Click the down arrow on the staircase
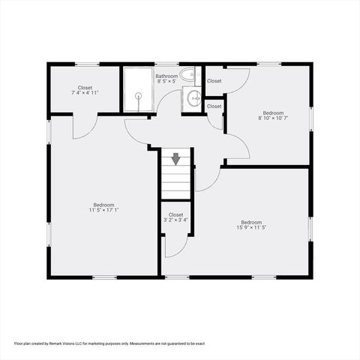175,158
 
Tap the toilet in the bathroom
189,73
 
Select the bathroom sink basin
193,97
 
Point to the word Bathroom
166,76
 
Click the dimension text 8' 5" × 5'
166,81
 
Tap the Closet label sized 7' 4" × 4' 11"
85,88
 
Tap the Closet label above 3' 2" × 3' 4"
175,215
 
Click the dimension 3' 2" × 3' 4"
175,220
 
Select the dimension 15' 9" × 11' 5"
251,227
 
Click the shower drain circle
138,95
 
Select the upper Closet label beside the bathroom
214,81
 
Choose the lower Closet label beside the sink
214,106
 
